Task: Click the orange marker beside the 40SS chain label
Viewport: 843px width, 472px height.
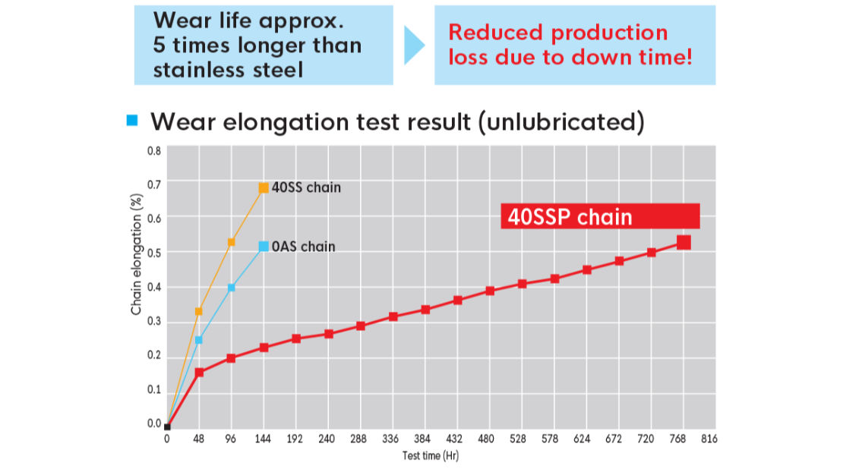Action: pos(264,187)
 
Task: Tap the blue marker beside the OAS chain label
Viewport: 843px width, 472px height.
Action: pos(264,246)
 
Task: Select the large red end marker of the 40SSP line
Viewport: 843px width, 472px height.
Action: pos(684,242)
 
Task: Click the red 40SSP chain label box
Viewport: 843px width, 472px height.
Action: pos(600,217)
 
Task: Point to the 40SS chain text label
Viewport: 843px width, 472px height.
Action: pos(306,187)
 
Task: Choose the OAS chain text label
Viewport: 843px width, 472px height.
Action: pos(303,247)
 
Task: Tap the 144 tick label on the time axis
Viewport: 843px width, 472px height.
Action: pos(264,439)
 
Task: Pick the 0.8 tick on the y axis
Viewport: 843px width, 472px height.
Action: pos(154,150)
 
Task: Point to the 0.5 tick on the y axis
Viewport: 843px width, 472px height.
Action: pos(154,253)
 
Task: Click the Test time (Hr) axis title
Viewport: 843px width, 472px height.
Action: pos(431,457)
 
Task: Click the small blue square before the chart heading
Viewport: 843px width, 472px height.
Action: pos(133,120)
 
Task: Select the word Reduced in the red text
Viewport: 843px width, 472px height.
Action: pos(494,33)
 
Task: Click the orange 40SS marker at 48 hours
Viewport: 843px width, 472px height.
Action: pos(199,311)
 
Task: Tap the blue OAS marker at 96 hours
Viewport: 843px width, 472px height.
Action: pos(232,288)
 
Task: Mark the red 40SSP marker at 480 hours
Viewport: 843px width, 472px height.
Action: pos(490,291)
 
